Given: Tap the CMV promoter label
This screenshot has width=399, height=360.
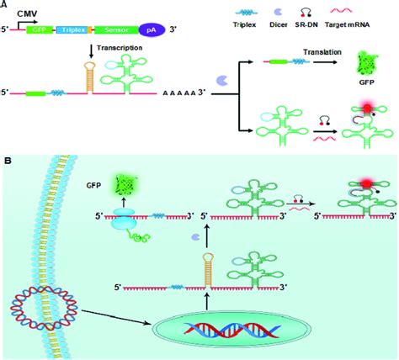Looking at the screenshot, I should click(26, 13).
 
